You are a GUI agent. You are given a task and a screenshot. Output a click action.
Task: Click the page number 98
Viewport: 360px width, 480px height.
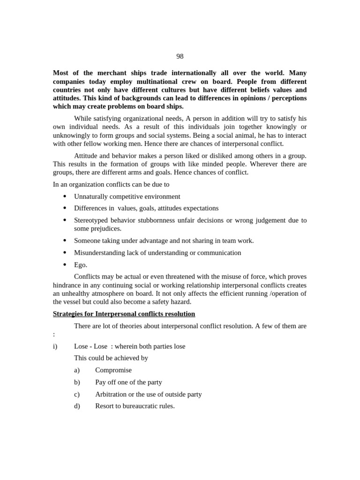coord(180,57)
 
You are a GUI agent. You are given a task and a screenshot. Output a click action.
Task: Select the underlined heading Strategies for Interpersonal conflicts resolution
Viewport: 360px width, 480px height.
coord(124,314)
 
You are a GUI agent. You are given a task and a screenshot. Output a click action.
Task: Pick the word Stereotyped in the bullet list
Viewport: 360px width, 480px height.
coord(91,220)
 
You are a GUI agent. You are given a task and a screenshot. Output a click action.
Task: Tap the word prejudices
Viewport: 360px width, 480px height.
coord(106,229)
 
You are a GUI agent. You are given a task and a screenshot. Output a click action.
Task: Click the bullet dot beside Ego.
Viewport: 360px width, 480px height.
coord(65,265)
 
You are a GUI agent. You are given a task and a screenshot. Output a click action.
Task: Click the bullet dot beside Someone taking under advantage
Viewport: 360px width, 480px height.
coord(65,240)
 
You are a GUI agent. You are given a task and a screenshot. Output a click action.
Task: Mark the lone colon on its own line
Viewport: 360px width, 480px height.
coord(54,334)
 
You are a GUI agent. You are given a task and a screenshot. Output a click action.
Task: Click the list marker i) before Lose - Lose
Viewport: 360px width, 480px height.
coord(55,346)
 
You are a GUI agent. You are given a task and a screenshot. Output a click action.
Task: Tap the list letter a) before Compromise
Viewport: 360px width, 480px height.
coord(77,370)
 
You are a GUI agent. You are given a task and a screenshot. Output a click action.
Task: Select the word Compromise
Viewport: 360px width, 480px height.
coord(113,370)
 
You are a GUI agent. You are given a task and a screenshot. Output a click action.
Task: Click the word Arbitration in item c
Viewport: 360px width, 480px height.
coord(111,394)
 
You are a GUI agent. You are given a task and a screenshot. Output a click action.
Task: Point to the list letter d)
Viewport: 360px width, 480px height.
coord(77,406)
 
